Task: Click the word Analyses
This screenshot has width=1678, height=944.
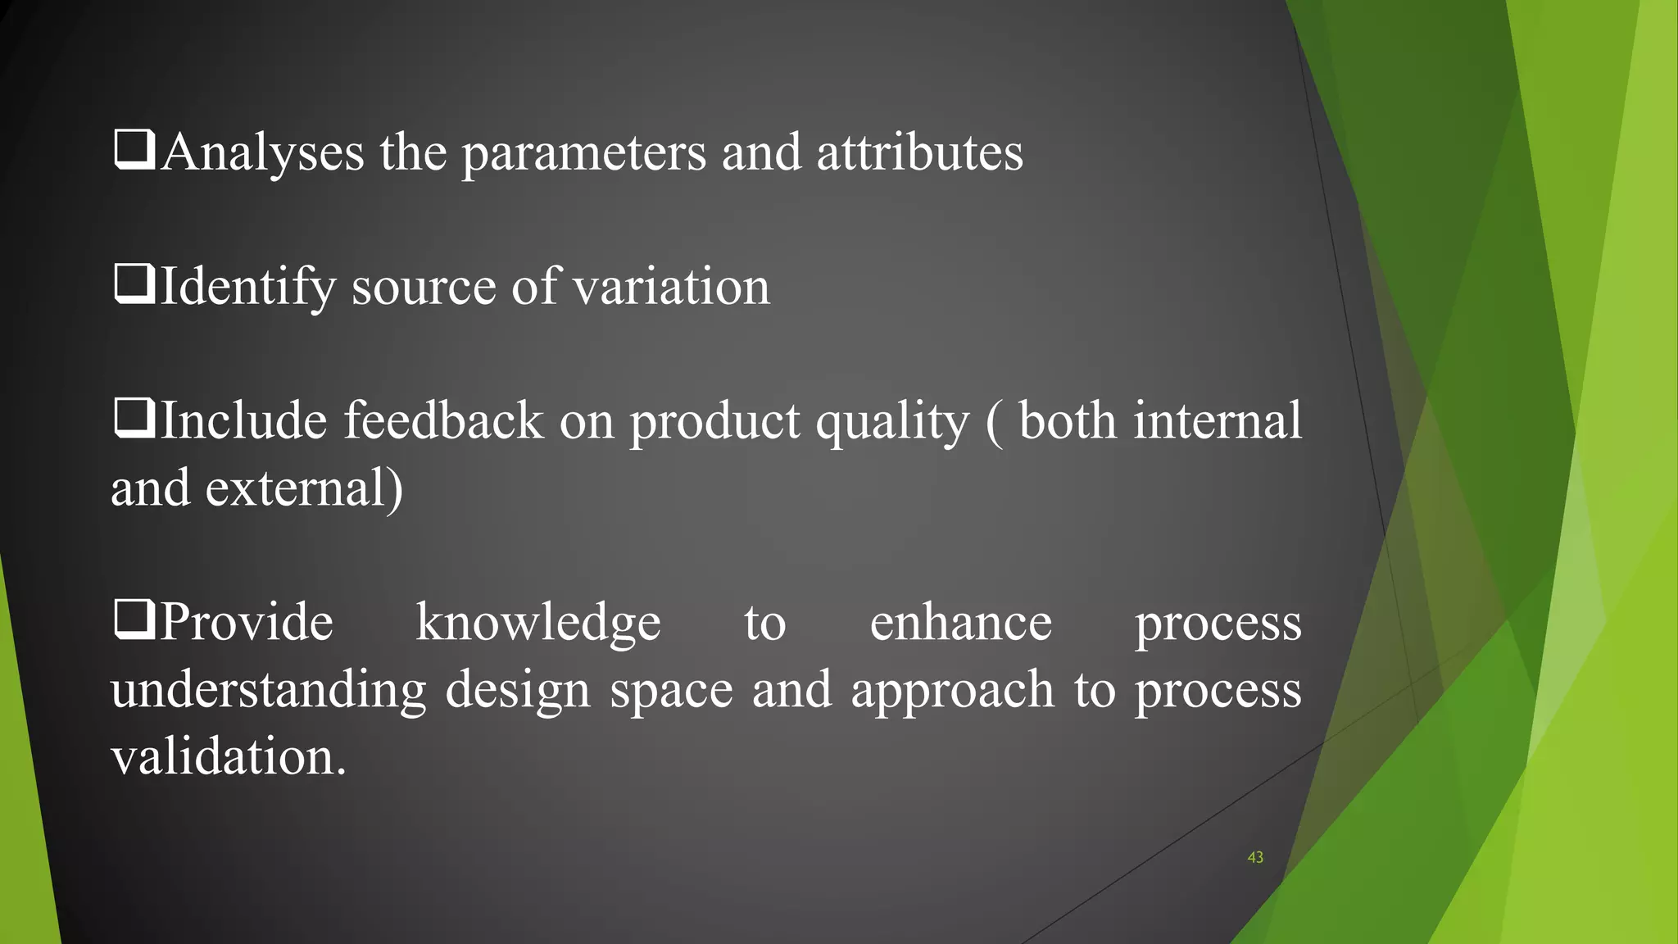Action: tap(263, 152)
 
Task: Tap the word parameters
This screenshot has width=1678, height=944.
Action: tap(583, 154)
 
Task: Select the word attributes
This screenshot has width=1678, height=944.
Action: tap(919, 152)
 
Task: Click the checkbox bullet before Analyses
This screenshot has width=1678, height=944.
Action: tap(134, 151)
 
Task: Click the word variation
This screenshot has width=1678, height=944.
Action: tap(671, 287)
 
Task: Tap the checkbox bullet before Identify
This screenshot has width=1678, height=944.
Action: tap(134, 284)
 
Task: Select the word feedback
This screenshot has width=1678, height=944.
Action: tap(442, 420)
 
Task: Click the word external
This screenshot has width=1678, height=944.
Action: tap(304, 488)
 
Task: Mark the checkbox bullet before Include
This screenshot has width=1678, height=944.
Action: tap(134, 418)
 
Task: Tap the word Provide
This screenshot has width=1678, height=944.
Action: tap(247, 622)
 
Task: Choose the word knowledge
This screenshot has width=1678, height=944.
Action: tap(537, 624)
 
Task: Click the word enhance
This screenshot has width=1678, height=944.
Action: tap(960, 623)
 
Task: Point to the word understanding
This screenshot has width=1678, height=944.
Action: tap(268, 690)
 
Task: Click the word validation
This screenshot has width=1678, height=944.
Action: tap(229, 756)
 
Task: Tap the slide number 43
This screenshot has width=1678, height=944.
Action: tap(1254, 858)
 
